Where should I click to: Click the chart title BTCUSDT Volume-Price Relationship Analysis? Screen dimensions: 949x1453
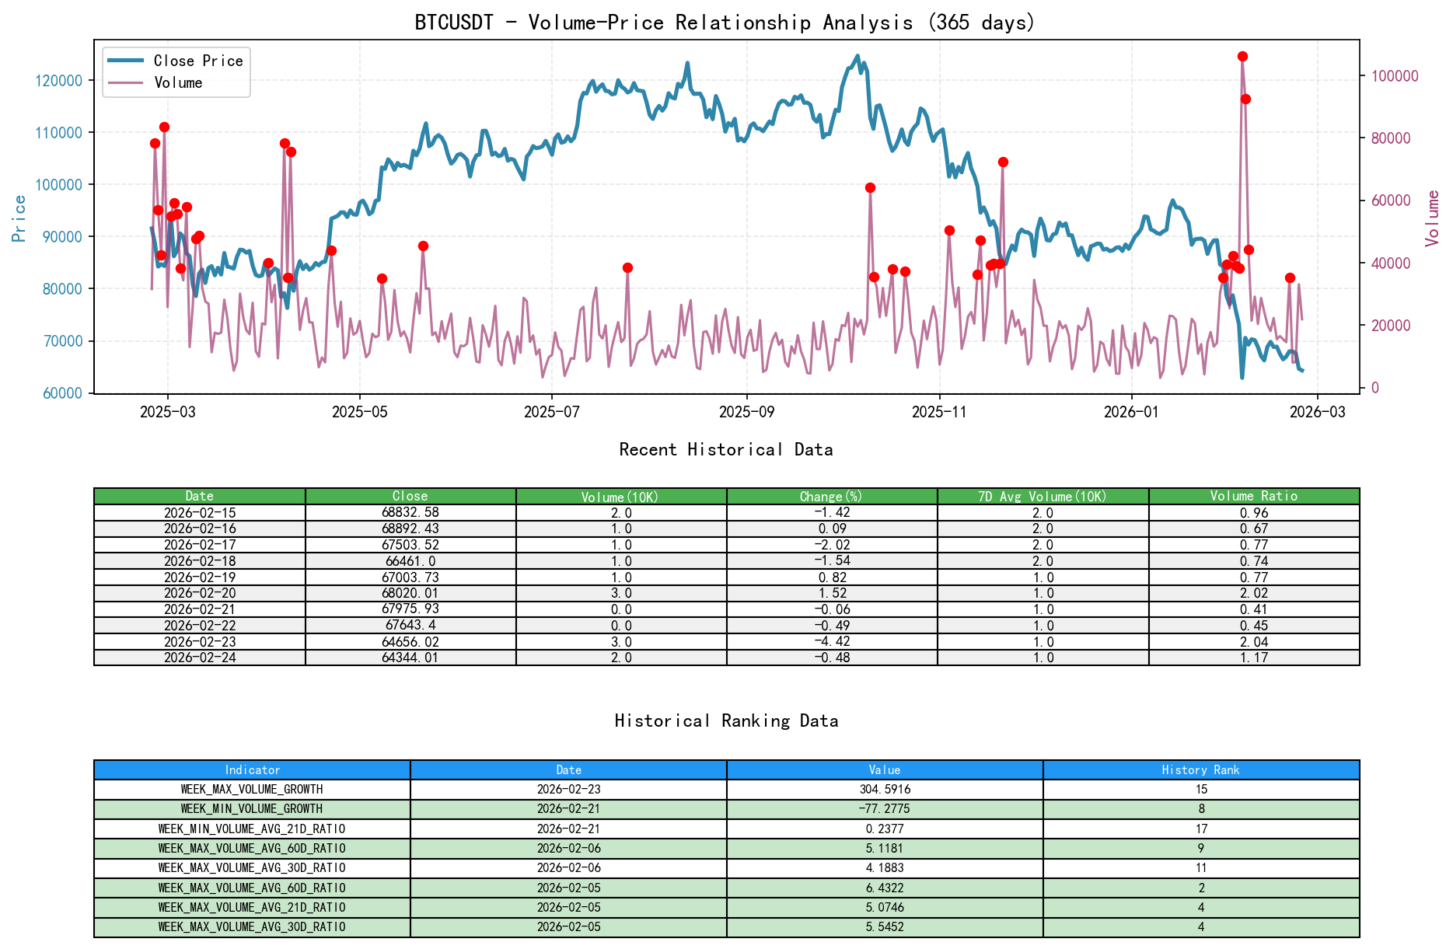725,22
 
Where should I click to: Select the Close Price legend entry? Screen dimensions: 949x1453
197,61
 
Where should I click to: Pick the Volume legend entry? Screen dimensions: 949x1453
178,82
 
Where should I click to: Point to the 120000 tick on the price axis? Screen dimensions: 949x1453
59,81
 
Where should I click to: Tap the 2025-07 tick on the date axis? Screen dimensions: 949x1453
551,412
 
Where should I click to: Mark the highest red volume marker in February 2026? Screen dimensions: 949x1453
1242,57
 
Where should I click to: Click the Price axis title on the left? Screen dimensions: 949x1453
19,218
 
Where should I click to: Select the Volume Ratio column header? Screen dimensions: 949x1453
1253,496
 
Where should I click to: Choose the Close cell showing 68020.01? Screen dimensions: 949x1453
410,593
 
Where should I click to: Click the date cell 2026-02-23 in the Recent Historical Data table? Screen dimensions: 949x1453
200,642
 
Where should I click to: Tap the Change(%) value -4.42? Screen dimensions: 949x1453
832,642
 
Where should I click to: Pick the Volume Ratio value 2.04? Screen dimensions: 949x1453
1253,642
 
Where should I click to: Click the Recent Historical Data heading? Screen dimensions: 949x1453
725,449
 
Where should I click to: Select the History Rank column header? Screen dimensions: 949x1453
1200,769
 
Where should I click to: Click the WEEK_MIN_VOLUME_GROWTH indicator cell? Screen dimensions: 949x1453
252,809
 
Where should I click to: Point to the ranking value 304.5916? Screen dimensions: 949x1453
885,789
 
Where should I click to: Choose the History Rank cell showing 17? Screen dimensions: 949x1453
1200,829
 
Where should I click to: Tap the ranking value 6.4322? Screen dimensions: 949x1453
885,888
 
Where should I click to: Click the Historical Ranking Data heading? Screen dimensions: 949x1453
725,720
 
